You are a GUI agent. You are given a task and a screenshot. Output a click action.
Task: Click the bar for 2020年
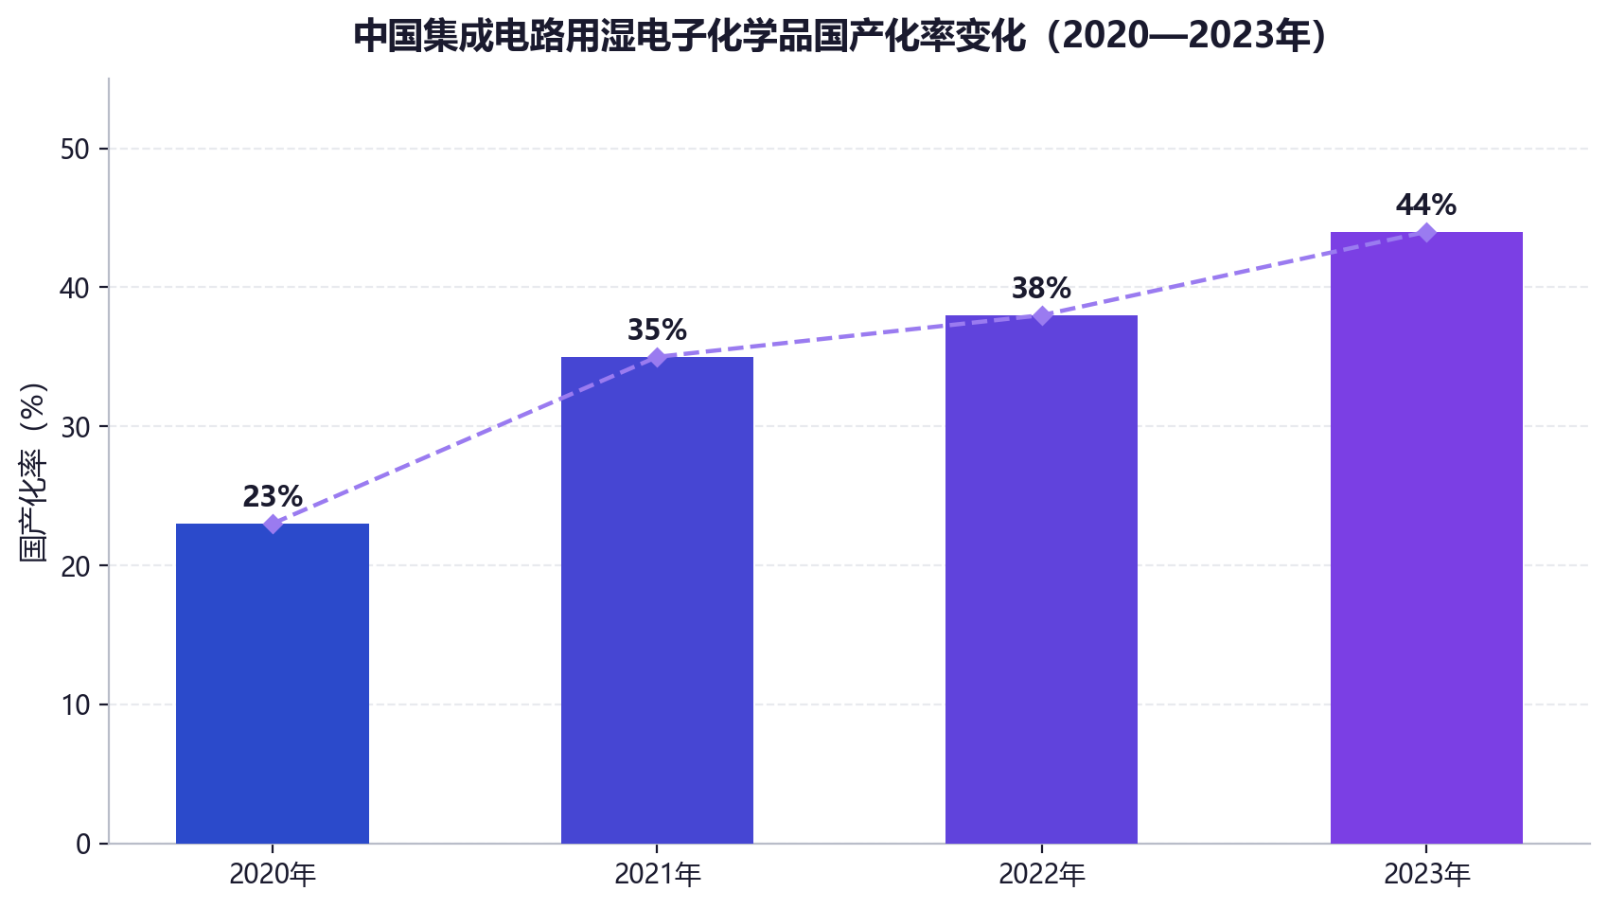(272, 684)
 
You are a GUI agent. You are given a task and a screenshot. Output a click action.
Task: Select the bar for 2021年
(657, 600)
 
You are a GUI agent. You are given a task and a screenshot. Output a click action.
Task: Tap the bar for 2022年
(1042, 579)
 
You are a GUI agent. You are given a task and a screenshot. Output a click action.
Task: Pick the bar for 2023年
(1426, 538)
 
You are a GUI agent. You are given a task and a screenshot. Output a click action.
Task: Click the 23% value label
(273, 497)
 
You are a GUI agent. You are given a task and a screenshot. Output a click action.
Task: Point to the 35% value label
(657, 330)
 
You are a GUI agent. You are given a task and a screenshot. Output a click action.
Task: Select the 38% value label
(1042, 289)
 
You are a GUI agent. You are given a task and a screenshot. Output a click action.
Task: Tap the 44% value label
(1426, 205)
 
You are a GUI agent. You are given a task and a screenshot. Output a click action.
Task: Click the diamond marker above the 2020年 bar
(273, 525)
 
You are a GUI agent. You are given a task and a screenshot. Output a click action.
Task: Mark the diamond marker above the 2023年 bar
(1426, 232)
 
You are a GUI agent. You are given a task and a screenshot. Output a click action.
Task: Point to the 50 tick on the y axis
(75, 150)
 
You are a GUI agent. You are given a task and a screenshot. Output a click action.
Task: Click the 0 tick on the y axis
(83, 845)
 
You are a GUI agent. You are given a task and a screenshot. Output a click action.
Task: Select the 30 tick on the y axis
(75, 427)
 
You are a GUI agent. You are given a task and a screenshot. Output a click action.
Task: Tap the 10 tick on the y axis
(75, 705)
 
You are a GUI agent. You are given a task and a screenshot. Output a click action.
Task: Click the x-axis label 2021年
(658, 875)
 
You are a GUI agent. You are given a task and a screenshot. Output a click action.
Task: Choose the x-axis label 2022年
(1042, 875)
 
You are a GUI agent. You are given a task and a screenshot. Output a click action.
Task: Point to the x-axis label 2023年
(1427, 875)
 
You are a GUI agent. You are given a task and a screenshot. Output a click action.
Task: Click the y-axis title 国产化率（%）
(33, 472)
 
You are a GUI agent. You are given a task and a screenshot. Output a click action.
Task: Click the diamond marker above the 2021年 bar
(657, 357)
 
